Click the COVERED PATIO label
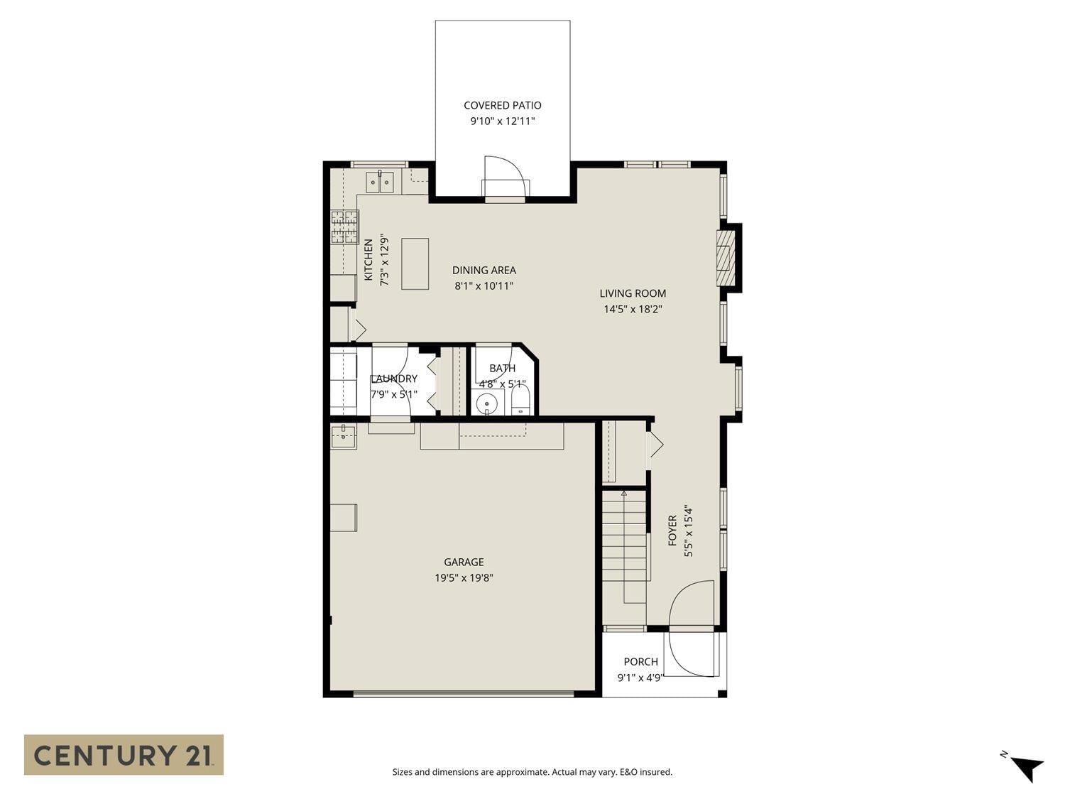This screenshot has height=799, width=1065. [x=502, y=105]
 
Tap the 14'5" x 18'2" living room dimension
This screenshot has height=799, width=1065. [x=633, y=309]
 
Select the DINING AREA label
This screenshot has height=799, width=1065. [x=484, y=270]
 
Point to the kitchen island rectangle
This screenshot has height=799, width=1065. [x=415, y=263]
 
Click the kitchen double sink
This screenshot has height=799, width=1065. [x=380, y=182]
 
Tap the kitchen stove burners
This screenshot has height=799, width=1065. [x=344, y=227]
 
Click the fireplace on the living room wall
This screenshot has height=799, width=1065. [x=726, y=257]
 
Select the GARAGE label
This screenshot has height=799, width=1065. [x=464, y=562]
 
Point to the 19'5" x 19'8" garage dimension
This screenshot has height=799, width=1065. [x=464, y=578]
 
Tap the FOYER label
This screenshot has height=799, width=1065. [x=672, y=531]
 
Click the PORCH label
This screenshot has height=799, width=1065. [x=640, y=662]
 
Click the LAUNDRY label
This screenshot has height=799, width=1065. [x=394, y=379]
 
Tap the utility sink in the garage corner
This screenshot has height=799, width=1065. [x=344, y=436]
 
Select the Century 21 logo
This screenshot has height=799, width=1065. [x=124, y=754]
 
